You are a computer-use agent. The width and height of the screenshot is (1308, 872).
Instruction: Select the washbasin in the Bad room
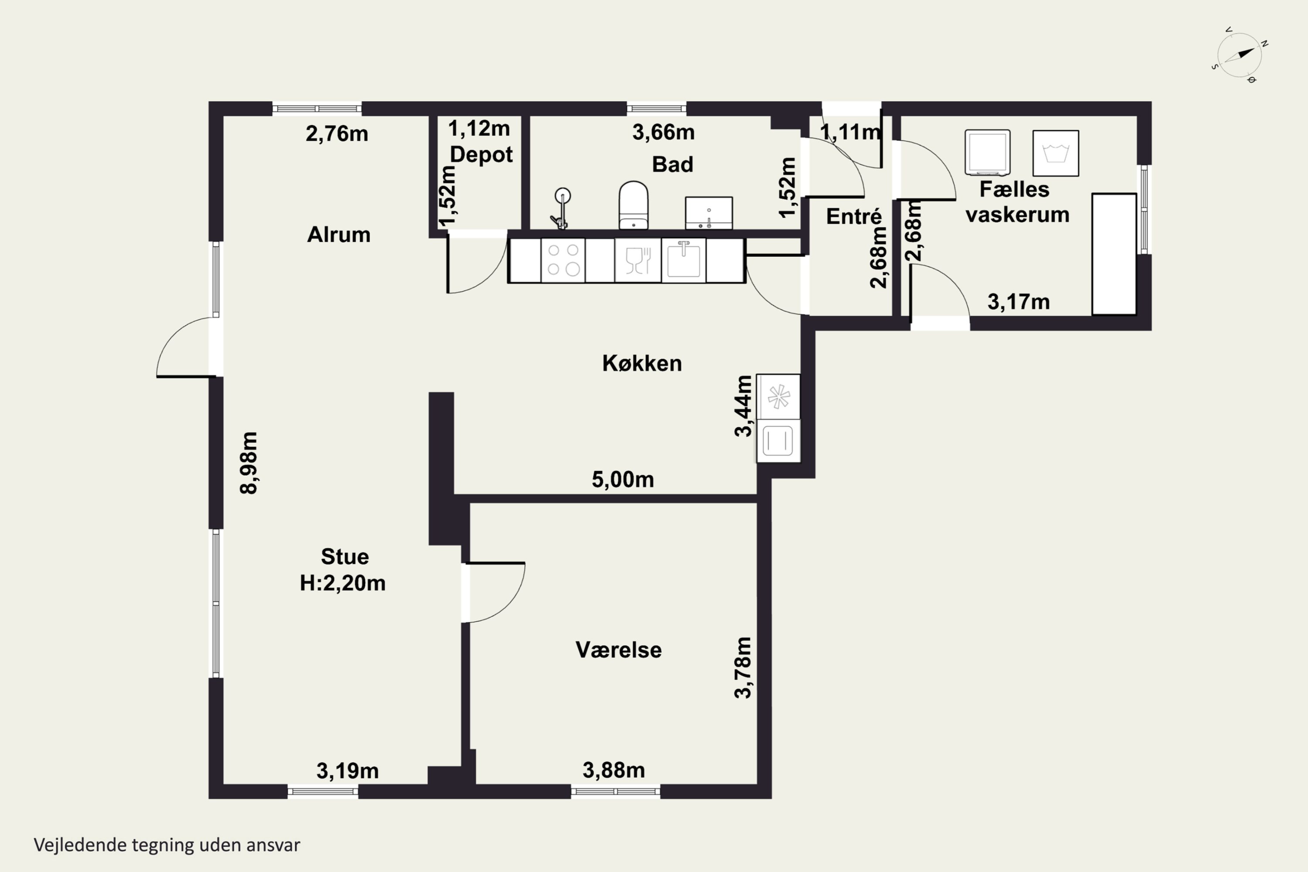click(708, 212)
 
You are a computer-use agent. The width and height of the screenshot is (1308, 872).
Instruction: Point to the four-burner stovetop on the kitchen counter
click(563, 260)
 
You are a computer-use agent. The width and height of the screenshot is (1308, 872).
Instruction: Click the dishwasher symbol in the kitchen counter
click(638, 260)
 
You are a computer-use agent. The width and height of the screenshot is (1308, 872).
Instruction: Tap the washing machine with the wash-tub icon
click(1056, 153)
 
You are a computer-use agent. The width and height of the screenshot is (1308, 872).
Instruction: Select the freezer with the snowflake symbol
click(778, 396)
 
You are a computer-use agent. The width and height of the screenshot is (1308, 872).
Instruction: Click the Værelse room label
click(618, 650)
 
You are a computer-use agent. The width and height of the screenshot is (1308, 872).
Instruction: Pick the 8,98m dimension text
click(249, 463)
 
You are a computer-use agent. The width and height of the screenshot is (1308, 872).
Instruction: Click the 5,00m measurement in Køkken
click(622, 479)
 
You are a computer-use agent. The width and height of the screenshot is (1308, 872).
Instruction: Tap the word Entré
click(854, 216)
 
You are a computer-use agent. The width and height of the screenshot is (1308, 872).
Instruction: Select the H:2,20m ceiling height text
click(343, 583)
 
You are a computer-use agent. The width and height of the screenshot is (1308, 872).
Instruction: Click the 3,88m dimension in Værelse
click(613, 770)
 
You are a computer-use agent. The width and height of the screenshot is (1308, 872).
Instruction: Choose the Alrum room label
click(339, 235)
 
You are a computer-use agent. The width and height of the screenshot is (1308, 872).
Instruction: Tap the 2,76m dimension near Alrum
click(337, 134)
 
